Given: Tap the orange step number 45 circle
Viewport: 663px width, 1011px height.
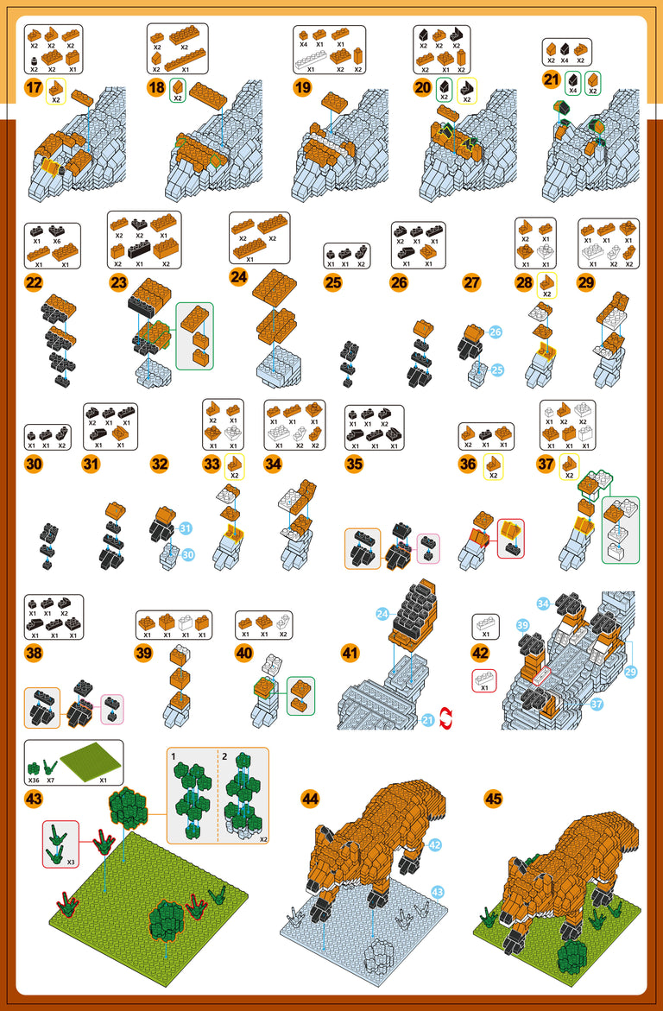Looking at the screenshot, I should tap(493, 799).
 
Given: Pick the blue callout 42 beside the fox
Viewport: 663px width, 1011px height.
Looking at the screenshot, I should tap(435, 844).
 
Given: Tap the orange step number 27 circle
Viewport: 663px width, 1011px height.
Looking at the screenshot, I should tap(471, 282).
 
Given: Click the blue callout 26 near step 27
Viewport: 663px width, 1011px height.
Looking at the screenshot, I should tap(496, 332).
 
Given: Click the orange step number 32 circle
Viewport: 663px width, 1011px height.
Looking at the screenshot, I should tap(160, 464).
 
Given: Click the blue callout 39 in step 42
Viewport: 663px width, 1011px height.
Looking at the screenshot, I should tap(522, 624).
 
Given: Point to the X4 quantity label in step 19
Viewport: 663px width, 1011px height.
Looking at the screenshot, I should tap(303, 43).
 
